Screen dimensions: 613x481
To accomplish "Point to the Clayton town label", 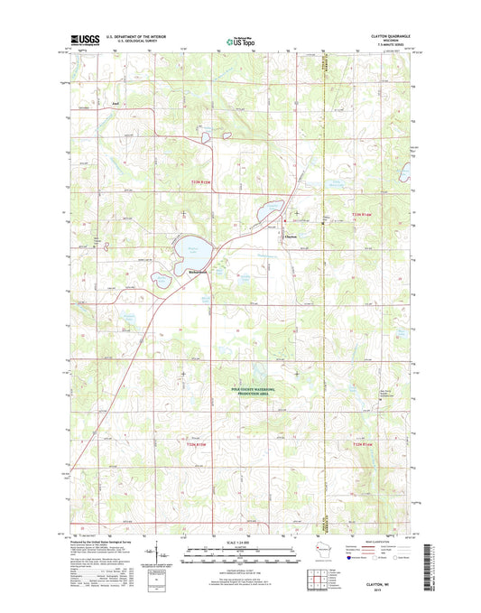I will click(291, 237).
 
